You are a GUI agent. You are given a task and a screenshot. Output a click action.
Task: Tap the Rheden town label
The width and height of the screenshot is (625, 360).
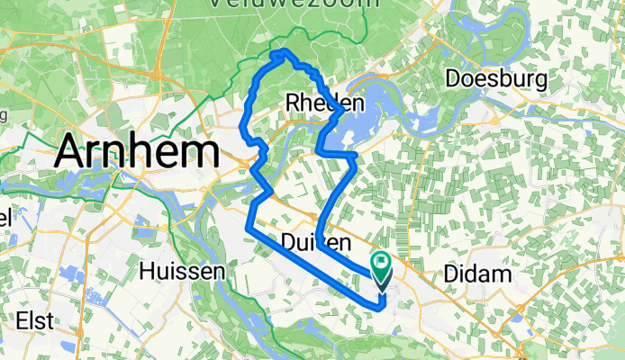(324, 103)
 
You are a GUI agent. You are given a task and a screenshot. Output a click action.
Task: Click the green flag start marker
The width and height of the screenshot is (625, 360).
(382, 267)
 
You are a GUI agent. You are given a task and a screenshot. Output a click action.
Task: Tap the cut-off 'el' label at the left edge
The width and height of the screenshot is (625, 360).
(5, 219)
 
